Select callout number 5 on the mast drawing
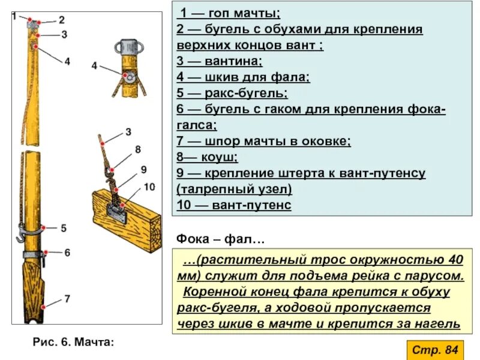(x=64, y=228)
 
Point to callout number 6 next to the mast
(x=67, y=253)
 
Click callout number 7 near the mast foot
(x=67, y=298)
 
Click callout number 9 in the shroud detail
(x=143, y=169)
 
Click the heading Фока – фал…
(x=220, y=239)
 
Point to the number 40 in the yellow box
(x=454, y=260)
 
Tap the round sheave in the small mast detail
(x=128, y=76)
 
